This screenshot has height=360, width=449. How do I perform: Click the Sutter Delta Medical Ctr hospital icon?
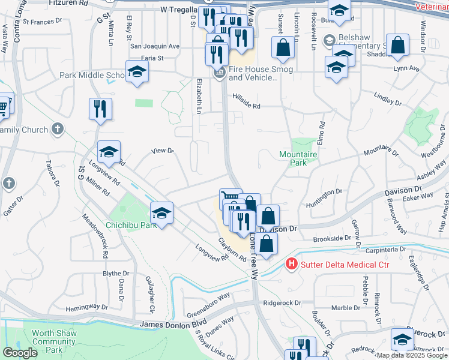pos(291,263)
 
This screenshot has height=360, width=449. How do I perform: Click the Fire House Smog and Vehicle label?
pos(261,73)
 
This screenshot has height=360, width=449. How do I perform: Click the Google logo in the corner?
pos(20,353)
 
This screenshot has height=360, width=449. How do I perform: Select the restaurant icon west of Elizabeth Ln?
pos(100,109)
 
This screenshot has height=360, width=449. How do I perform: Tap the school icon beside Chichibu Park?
pos(161,213)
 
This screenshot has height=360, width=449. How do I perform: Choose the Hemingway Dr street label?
pos(85,307)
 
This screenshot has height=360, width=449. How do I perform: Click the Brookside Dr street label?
pos(332,238)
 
